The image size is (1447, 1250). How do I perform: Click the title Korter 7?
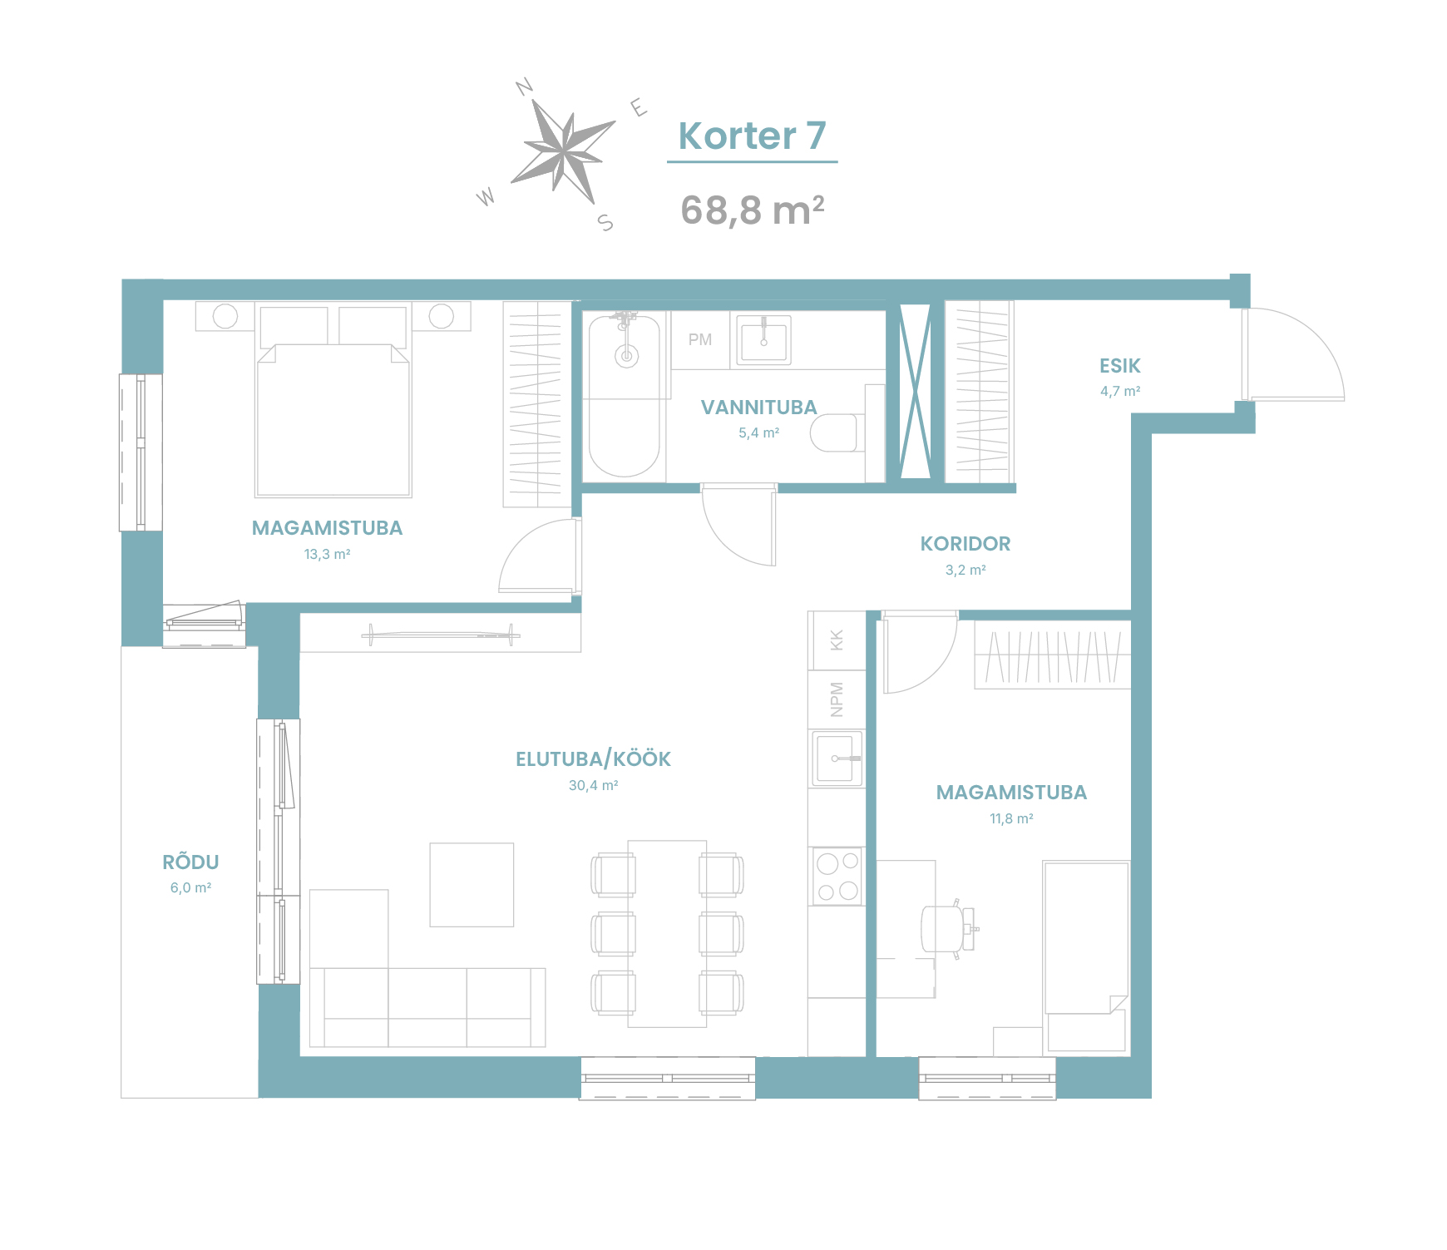752,136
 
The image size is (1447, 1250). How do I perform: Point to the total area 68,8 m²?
752,210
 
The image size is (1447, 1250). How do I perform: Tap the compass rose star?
564,151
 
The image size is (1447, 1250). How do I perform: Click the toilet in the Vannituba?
835,432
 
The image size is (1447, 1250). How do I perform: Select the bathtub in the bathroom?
625,396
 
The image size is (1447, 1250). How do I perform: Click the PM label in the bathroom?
700,339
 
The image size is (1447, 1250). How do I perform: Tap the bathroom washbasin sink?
763,339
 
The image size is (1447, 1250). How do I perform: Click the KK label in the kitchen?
837,640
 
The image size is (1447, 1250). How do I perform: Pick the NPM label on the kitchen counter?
837,699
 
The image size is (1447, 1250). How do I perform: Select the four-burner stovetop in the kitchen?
837,876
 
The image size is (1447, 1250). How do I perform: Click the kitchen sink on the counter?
837,758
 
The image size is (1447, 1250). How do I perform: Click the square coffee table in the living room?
472,885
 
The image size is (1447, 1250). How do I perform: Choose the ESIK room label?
1119,366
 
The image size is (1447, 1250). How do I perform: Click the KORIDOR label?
965,544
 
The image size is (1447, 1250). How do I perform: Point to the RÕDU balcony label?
190,862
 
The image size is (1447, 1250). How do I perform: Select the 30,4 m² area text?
593,785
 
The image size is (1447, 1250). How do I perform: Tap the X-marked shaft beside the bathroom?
915,391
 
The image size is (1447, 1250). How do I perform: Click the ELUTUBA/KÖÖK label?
593,758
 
